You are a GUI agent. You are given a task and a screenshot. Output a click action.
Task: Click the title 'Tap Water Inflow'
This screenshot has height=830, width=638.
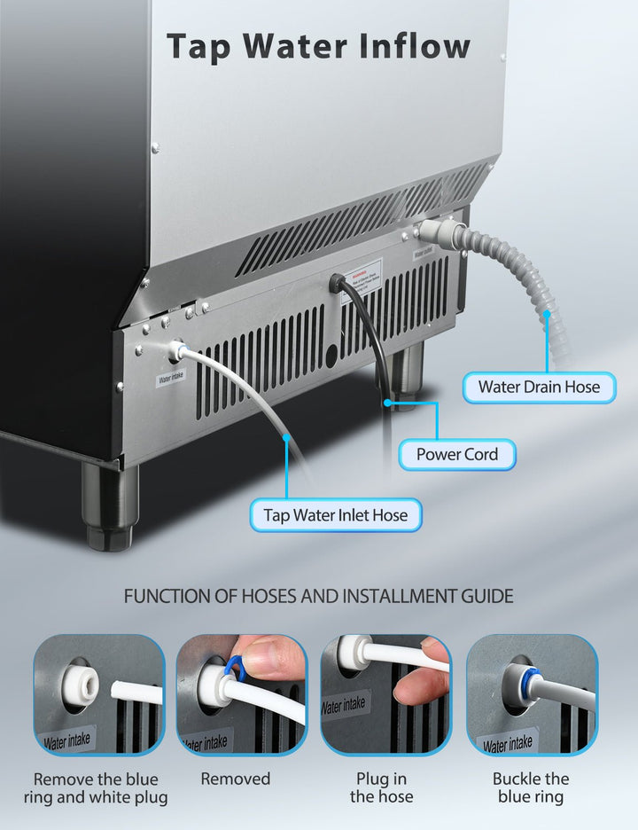318,46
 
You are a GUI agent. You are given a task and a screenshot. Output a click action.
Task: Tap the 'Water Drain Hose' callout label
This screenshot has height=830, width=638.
539,387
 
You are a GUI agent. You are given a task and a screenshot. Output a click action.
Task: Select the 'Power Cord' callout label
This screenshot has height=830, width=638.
457,454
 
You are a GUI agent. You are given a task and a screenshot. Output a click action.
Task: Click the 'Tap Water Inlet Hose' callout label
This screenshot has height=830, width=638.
336,515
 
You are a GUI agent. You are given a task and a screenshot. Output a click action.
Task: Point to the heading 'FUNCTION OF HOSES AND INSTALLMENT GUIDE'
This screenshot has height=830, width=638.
318,596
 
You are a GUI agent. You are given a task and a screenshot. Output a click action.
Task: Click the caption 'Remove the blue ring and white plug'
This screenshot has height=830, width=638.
96,788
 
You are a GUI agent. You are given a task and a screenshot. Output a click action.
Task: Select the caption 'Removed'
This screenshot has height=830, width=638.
235,779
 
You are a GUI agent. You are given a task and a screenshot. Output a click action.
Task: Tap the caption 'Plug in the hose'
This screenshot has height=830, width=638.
381,788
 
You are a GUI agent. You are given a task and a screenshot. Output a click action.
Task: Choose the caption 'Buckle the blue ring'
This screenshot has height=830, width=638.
530,788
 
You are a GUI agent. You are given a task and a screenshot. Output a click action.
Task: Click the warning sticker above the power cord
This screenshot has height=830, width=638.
362,271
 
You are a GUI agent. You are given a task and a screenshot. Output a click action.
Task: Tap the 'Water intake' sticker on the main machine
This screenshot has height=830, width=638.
172,378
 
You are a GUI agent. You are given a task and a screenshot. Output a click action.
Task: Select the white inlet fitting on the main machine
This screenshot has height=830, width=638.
175,352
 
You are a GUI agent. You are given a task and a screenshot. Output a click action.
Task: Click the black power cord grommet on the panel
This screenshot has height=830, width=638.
338,284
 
